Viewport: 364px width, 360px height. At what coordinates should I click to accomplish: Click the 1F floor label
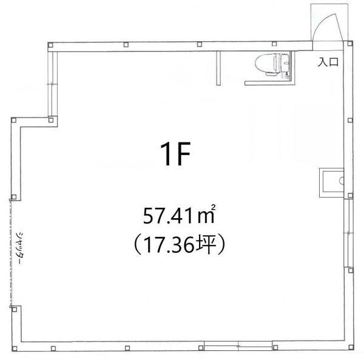pos(175,154)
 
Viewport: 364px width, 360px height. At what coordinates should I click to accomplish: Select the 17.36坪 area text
pos(179,245)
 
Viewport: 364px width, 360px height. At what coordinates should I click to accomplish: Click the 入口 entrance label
pos(328,62)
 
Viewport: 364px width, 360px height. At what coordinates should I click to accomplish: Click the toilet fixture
pos(272,64)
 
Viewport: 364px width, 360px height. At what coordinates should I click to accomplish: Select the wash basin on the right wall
pos(331,182)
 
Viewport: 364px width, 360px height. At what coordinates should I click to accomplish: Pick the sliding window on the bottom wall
pos(238,346)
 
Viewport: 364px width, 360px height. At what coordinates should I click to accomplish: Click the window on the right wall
pos(348,233)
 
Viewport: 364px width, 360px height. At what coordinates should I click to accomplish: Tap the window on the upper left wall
pos(52,84)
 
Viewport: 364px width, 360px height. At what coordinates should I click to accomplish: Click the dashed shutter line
pos(10,253)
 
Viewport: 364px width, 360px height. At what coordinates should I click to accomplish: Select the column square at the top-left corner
pos(50,45)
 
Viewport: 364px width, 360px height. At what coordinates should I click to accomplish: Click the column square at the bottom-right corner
pos(351,347)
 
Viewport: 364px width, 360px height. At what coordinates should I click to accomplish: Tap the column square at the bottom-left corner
pos(15,348)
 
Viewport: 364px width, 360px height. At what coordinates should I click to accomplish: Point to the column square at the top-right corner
pos(350,44)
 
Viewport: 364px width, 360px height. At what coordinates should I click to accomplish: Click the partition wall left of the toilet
pos(218,68)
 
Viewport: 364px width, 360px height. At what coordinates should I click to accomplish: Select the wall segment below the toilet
pos(269,83)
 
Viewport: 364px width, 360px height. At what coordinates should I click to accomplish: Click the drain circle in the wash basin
pos(342,181)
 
